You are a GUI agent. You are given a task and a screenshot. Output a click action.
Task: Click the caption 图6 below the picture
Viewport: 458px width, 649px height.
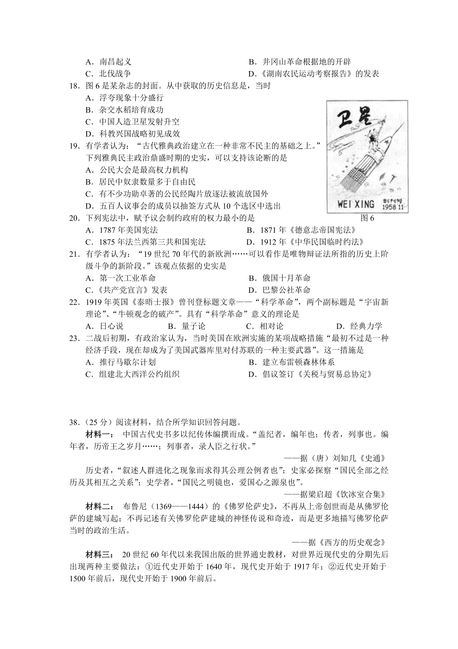367,218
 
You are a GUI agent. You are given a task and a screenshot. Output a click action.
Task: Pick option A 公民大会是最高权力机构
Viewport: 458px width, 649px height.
137,170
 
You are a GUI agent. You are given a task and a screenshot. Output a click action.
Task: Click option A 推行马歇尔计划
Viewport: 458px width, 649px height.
121,362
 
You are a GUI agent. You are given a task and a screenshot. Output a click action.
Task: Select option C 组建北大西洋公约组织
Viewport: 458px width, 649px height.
133,374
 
